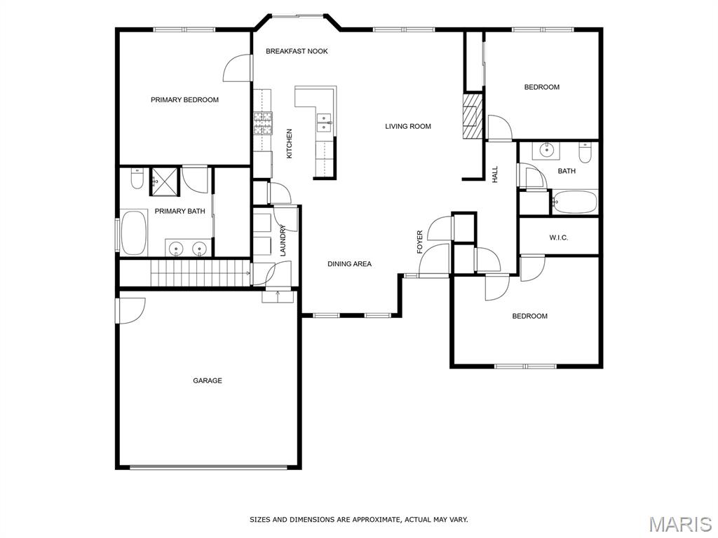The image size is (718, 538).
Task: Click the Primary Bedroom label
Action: pyautogui.click(x=184, y=99)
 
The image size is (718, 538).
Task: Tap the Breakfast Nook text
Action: pyautogui.click(x=297, y=51)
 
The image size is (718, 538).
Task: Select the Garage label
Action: pyautogui.click(x=208, y=380)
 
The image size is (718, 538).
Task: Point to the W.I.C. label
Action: pyautogui.click(x=559, y=238)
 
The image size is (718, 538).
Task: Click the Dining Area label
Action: pyautogui.click(x=349, y=264)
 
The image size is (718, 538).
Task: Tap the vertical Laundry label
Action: pyautogui.click(x=283, y=240)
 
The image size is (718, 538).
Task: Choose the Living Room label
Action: pyautogui.click(x=408, y=126)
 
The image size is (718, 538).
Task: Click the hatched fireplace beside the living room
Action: pyautogui.click(x=473, y=116)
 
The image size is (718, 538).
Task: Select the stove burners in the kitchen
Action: pyautogui.click(x=263, y=123)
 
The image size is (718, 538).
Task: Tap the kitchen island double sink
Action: pyautogui.click(x=324, y=123)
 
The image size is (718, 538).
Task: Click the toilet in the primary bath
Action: pyautogui.click(x=137, y=179)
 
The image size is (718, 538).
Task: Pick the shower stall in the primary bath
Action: pyautogui.click(x=164, y=181)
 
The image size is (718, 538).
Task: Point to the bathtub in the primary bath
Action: pyautogui.click(x=134, y=233)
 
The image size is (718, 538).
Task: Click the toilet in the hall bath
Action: pyautogui.click(x=585, y=152)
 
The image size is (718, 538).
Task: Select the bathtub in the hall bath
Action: pyautogui.click(x=575, y=202)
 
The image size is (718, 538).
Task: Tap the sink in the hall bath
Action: pyautogui.click(x=546, y=150)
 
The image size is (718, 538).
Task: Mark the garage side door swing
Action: pyautogui.click(x=130, y=311)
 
